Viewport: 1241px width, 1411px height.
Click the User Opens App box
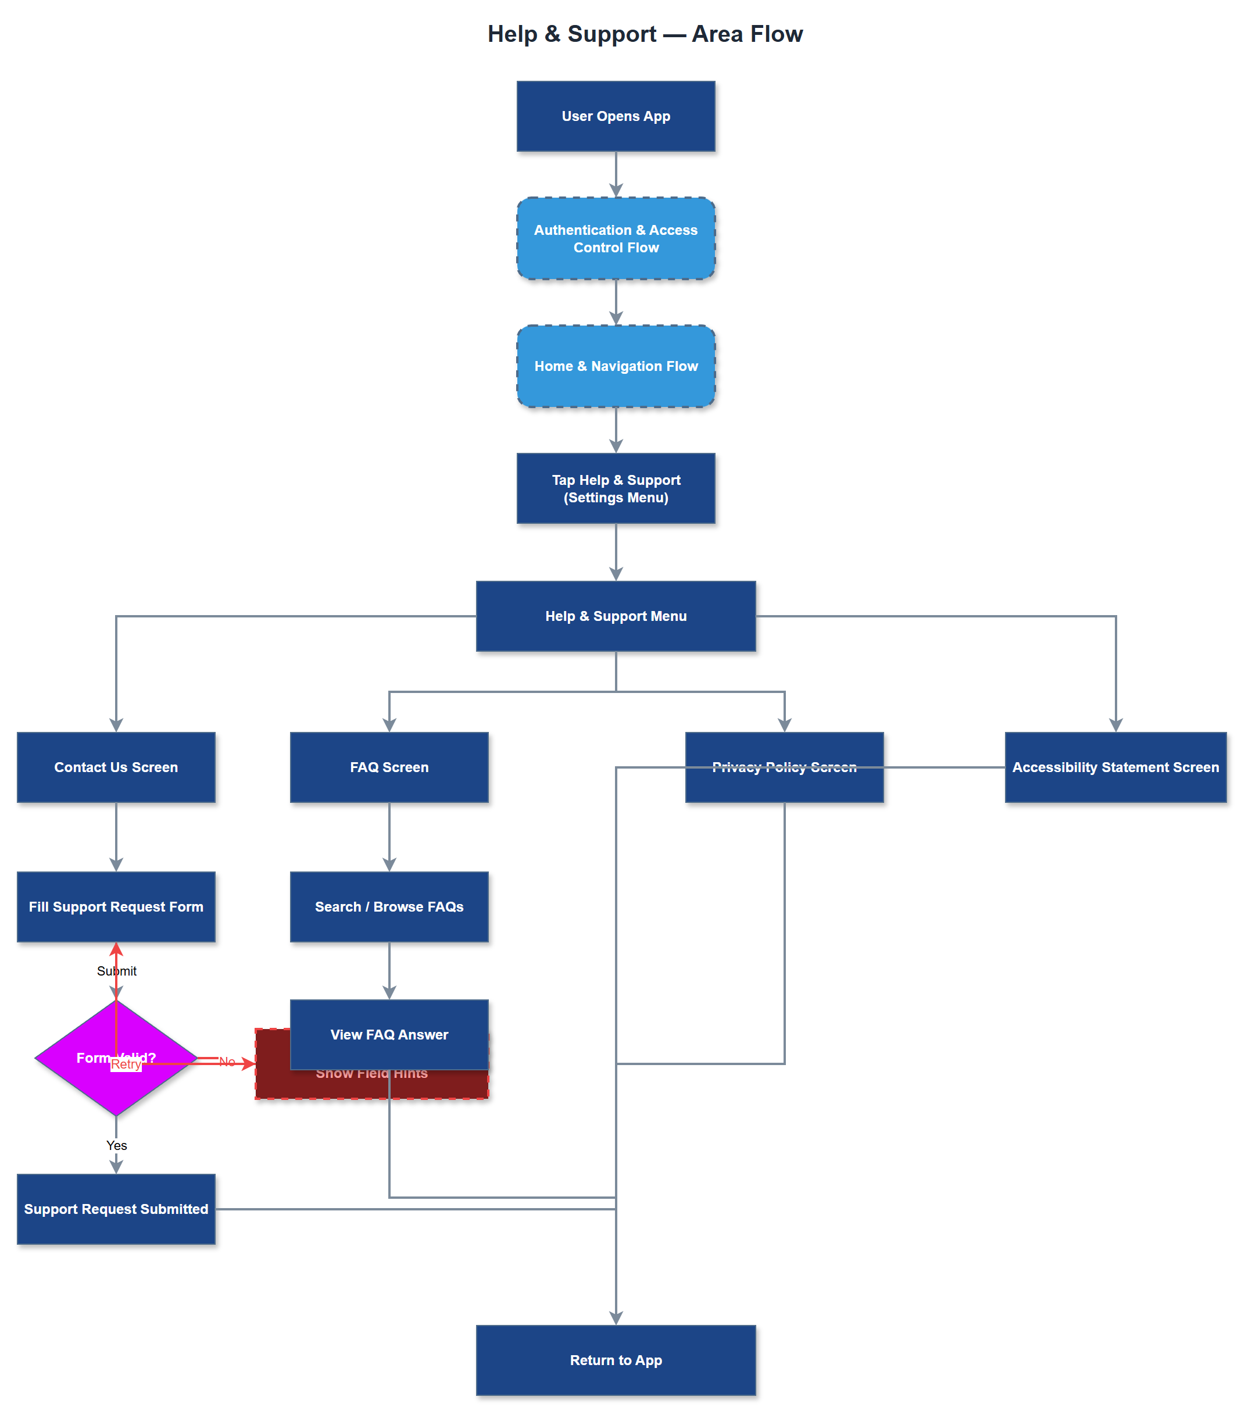point(616,116)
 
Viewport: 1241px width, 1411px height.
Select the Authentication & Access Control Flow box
point(616,238)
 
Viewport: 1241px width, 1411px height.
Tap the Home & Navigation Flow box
point(616,366)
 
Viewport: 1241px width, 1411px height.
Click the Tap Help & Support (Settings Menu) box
point(616,488)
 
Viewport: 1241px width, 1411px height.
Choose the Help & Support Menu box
point(616,616)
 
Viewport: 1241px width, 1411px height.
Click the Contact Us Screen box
point(116,767)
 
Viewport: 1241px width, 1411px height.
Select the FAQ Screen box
point(389,767)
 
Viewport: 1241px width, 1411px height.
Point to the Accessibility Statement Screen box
point(1115,767)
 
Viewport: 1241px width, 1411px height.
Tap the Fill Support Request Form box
point(116,906)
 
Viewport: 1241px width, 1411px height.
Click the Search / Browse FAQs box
point(389,906)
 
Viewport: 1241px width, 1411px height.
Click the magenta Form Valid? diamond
point(69,1058)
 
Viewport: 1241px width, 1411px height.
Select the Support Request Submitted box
point(116,1209)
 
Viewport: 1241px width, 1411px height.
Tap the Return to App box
point(616,1360)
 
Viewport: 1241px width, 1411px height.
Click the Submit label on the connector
point(116,970)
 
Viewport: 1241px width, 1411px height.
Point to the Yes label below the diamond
point(116,1145)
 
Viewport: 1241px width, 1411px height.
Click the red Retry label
point(126,1064)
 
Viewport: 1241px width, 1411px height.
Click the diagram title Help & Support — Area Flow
point(645,34)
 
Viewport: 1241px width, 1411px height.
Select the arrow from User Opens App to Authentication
point(616,173)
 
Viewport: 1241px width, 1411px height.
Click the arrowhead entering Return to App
point(616,1317)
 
